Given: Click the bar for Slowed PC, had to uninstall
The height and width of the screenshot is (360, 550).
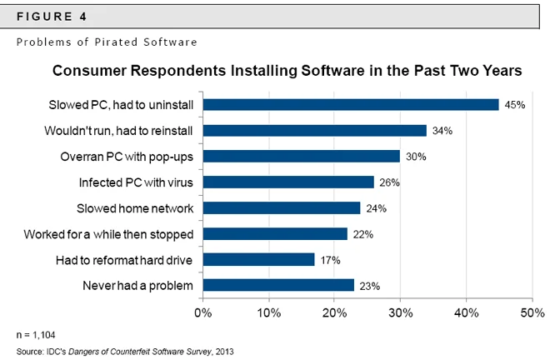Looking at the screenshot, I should click(x=350, y=104).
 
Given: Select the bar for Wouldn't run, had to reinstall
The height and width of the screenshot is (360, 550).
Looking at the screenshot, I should click(x=314, y=130).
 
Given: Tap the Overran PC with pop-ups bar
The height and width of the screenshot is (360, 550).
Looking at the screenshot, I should click(x=301, y=156).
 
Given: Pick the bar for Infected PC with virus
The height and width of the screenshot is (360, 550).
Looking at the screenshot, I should click(x=287, y=182).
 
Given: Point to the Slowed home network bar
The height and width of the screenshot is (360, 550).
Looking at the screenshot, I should click(x=281, y=207).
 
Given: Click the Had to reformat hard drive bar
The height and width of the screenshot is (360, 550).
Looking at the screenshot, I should click(x=258, y=259).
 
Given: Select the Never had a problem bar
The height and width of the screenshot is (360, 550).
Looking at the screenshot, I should click(x=277, y=285).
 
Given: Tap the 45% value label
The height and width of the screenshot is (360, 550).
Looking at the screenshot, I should click(x=513, y=105).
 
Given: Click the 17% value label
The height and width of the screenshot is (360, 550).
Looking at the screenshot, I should click(x=329, y=260).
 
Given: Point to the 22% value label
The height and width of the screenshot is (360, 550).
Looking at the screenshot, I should click(x=362, y=234).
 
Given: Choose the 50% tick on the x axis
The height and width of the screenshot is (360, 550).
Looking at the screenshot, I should click(x=531, y=313).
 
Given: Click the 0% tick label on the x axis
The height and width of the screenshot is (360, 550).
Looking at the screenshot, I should click(x=202, y=313).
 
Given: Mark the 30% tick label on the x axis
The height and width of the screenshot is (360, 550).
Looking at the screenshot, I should click(x=400, y=313).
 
